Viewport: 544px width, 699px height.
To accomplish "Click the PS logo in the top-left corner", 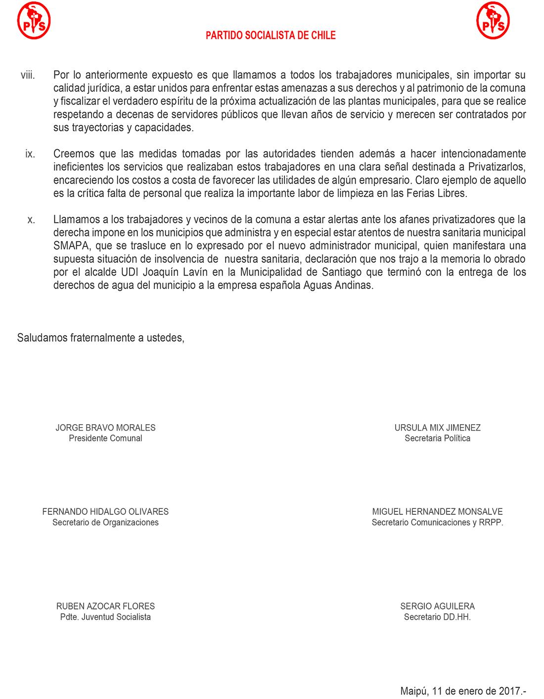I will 33,20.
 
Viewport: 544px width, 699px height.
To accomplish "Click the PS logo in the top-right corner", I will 493,20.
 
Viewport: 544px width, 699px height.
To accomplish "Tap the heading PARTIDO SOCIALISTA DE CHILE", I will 271,35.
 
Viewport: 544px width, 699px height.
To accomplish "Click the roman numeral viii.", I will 27,75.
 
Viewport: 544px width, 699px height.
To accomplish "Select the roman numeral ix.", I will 30,154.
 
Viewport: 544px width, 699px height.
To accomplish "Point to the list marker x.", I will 31,220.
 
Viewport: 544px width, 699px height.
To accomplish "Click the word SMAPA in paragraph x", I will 69,246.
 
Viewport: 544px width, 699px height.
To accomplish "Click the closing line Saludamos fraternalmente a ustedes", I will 101,338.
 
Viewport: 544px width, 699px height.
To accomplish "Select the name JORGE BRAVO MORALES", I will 105,428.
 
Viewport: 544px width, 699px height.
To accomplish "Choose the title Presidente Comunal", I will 105,438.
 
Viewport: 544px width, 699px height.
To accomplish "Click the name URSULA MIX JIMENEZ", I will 437,428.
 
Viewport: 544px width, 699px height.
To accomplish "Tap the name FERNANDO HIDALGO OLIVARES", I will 105,512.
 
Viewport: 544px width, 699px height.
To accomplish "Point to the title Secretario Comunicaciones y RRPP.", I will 437,522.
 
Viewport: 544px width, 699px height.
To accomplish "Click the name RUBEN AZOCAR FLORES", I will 105,606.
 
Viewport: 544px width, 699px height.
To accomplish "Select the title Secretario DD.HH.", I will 437,617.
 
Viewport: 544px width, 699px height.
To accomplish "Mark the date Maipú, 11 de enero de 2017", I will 463,690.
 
